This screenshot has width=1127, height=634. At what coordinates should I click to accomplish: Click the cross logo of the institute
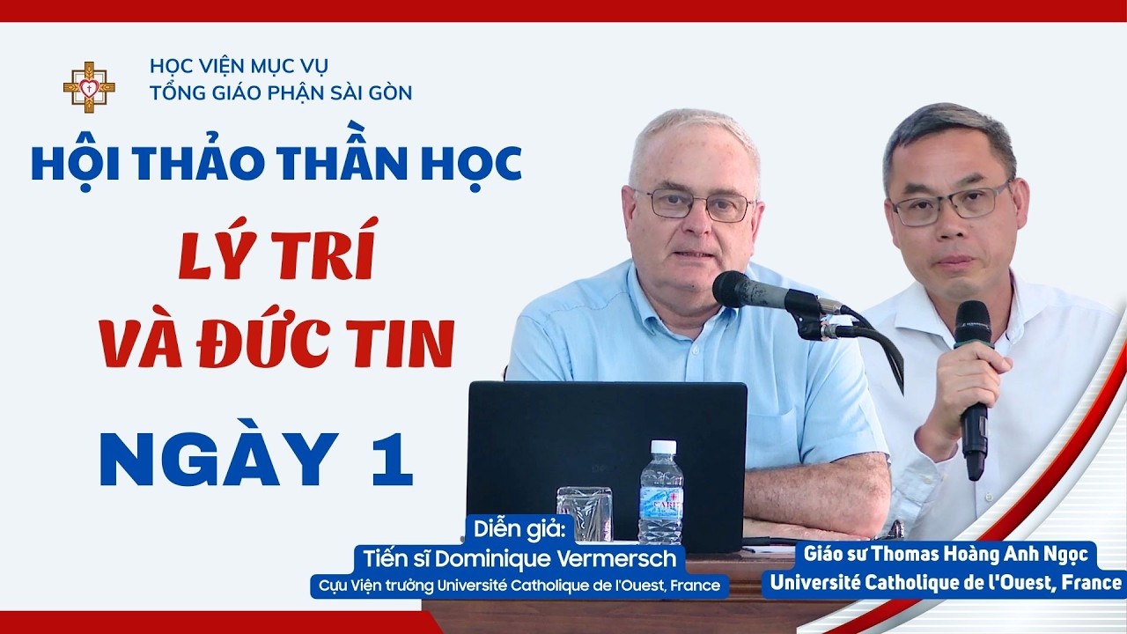coord(89,87)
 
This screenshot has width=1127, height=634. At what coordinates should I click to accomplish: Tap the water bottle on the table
coord(660,492)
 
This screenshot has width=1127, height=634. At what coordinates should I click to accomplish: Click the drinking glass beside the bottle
coord(584,513)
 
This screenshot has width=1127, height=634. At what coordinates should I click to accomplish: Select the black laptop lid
coord(607,461)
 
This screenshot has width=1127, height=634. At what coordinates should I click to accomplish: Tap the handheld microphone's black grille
coord(973,322)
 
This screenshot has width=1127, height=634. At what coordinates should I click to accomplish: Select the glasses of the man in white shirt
coord(950,203)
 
